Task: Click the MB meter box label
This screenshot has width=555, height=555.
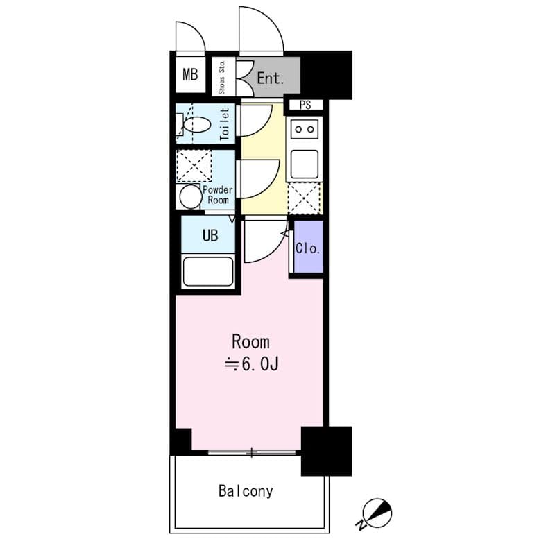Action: coord(190,75)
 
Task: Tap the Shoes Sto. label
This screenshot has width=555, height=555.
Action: coord(222,77)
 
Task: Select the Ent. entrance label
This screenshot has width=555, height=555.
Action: coord(271,78)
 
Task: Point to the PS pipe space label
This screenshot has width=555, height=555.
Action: coord(305,105)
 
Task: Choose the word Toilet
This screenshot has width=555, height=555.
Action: coord(224,124)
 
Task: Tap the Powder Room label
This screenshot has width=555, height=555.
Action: coord(218,195)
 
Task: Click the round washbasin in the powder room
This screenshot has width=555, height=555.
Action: coord(191,197)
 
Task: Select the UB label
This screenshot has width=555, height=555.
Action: coord(210,235)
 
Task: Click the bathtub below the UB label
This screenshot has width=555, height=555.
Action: coord(208,271)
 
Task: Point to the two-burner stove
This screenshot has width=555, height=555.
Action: coord(305,129)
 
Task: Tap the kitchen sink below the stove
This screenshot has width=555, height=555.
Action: coord(305,164)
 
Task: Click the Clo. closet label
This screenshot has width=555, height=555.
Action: coord(308,248)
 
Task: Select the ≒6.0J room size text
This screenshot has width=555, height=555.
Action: coord(252,364)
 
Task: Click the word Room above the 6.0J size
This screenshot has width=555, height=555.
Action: coord(250,342)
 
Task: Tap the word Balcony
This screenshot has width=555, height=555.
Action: coord(246,491)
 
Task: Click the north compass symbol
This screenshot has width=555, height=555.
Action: coord(376,514)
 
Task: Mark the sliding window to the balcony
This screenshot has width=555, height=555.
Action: coord(252,452)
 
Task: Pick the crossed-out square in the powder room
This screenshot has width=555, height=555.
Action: coord(194,166)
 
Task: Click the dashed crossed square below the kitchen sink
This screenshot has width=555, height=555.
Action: coord(305,198)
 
